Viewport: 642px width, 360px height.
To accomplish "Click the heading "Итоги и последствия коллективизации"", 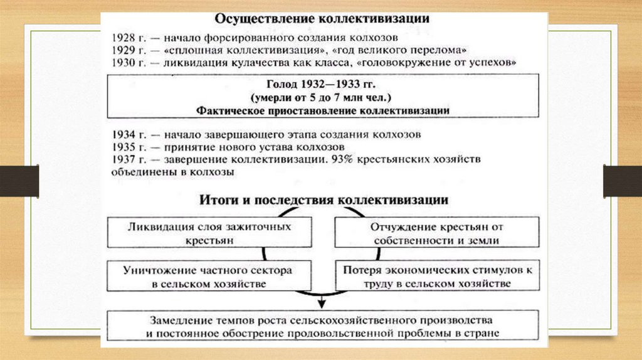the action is click(323, 200).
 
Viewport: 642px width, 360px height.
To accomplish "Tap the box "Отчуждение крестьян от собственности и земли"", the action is click(437, 233).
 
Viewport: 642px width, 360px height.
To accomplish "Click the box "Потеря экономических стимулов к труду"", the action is click(437, 276).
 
